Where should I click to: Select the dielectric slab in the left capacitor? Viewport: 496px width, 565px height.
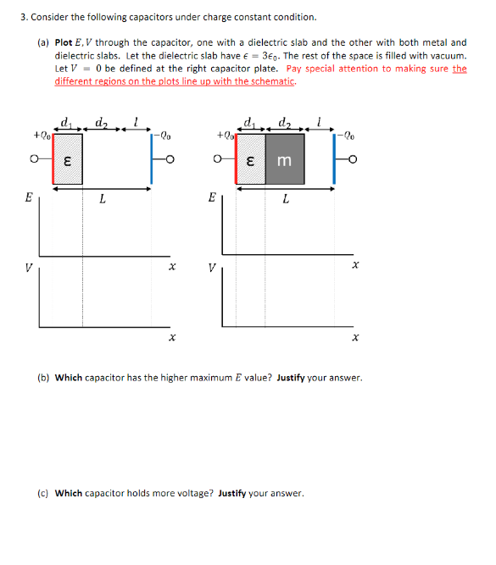click(67, 159)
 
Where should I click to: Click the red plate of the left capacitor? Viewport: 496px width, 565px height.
click(53, 159)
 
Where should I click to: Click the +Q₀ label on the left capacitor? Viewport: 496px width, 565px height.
click(40, 135)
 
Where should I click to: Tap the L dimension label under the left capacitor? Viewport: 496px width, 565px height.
click(102, 200)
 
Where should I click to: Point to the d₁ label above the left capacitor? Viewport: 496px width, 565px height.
click(66, 125)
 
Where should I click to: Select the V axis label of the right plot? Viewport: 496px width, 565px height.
click(212, 269)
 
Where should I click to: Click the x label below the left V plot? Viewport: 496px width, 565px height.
click(172, 338)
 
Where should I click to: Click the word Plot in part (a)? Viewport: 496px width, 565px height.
click(64, 42)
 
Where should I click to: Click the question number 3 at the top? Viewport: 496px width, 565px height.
click(22, 17)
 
